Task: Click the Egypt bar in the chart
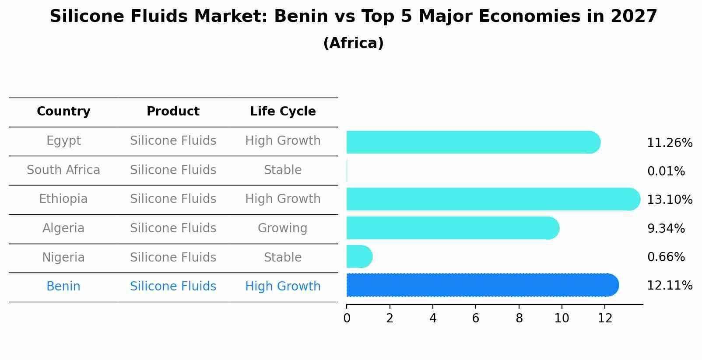[x=473, y=142]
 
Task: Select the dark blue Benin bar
[x=481, y=285]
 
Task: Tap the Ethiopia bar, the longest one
[x=492, y=199]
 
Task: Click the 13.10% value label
[x=669, y=200]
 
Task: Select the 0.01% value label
[x=666, y=171]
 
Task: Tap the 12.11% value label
[x=669, y=286]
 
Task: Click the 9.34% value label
[x=666, y=228]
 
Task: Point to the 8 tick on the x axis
[x=519, y=318]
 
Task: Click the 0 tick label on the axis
[x=347, y=318]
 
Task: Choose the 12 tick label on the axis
[x=605, y=318]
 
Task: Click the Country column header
[x=63, y=112]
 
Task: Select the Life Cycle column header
[x=283, y=112]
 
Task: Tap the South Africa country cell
[x=63, y=170]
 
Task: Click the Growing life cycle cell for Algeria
[x=282, y=228]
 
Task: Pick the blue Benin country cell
[x=63, y=287]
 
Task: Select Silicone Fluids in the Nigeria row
[x=173, y=257]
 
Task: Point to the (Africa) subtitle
[x=353, y=43]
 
